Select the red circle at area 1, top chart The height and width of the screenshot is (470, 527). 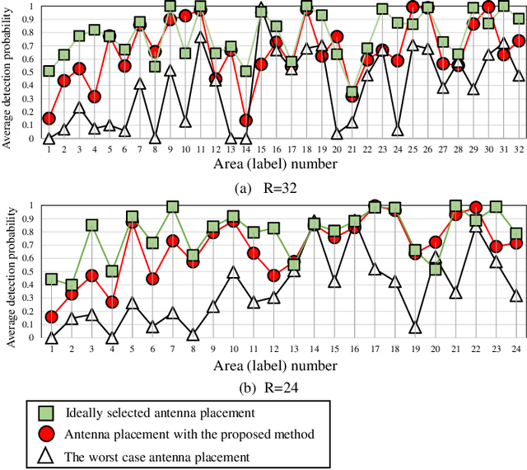(49, 119)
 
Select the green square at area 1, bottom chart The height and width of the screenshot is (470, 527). (51, 280)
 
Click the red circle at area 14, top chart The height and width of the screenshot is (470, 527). (246, 120)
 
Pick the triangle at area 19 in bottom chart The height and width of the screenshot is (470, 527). (415, 327)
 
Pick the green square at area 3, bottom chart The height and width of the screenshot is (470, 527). (92, 225)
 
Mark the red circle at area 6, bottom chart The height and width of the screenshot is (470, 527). (152, 279)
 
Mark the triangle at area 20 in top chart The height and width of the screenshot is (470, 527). (336, 134)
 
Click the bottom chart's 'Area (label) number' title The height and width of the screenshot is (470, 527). (274, 365)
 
